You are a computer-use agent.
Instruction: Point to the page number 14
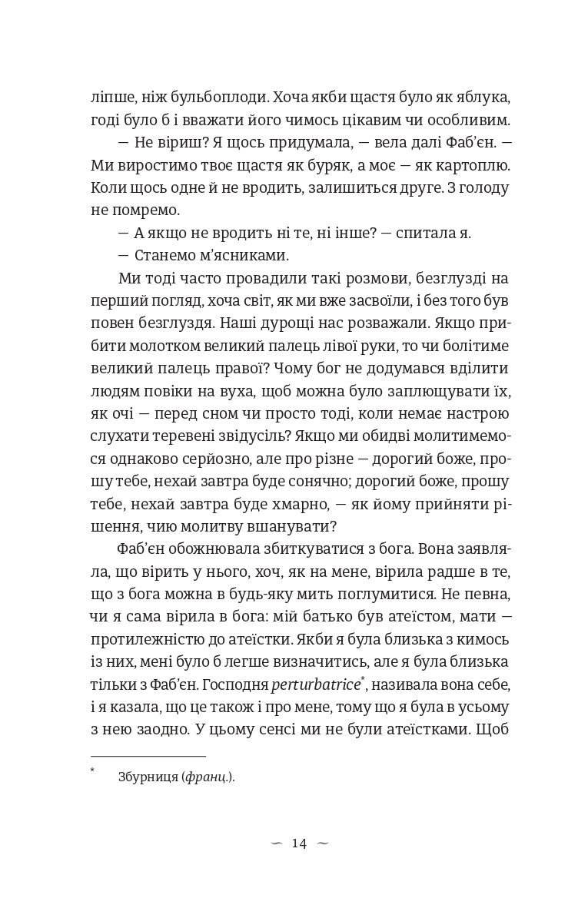[x=299, y=844]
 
